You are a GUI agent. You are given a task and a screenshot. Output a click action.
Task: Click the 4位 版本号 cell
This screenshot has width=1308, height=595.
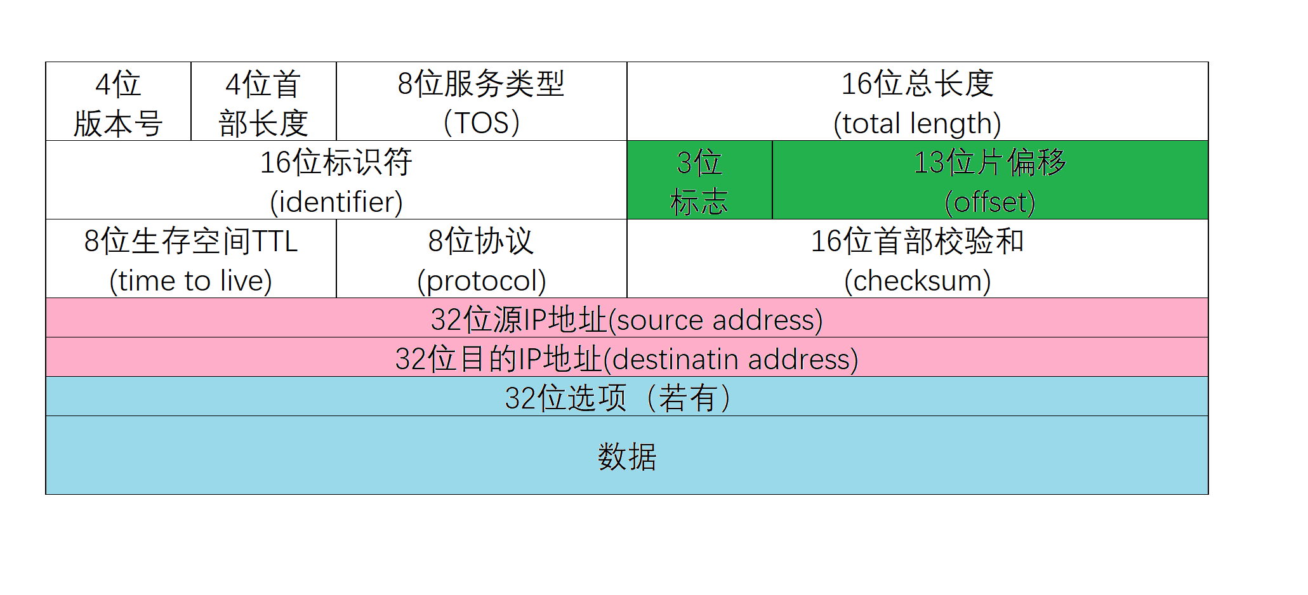click(x=118, y=102)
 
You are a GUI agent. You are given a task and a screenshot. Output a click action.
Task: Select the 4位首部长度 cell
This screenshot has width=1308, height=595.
click(x=263, y=102)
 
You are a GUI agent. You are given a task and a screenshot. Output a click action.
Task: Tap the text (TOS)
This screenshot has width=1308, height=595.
click(x=481, y=123)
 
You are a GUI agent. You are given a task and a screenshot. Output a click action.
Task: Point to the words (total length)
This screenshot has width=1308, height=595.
click(x=917, y=124)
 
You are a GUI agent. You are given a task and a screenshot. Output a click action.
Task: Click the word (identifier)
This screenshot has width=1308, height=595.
click(x=336, y=202)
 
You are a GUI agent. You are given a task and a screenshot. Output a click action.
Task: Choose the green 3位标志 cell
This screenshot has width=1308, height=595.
click(x=699, y=181)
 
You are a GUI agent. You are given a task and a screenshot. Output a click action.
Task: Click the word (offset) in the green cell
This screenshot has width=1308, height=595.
click(x=990, y=202)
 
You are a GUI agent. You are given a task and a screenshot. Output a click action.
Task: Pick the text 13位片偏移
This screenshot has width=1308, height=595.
click(x=990, y=162)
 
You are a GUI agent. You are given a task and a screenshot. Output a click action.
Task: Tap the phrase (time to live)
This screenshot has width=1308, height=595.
click(x=190, y=281)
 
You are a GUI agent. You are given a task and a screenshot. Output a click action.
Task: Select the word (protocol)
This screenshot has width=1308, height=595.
click(x=481, y=281)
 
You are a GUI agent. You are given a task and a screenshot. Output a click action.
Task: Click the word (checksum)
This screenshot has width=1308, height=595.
click(x=917, y=281)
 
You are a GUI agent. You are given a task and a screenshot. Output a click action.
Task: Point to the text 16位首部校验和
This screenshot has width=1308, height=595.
click(x=917, y=242)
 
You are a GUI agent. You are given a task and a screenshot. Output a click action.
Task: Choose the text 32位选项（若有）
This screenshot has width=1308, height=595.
click(x=617, y=398)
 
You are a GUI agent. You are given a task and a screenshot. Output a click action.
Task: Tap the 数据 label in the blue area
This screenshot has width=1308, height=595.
click(x=627, y=457)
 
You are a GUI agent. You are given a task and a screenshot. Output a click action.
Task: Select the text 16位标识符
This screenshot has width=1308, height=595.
click(x=336, y=162)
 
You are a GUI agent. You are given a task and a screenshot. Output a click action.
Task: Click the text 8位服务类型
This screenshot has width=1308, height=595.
click(x=481, y=84)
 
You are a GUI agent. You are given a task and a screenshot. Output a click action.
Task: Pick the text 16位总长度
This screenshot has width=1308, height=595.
click(x=917, y=84)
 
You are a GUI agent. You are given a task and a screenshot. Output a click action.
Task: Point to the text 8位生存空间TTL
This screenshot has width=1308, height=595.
click(x=190, y=242)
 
